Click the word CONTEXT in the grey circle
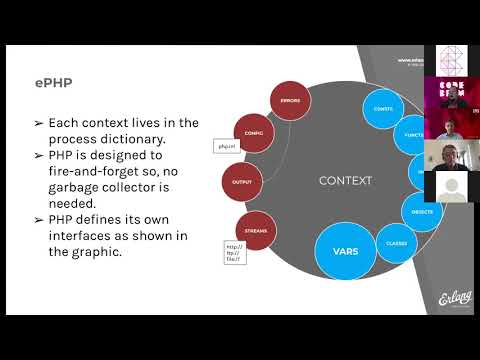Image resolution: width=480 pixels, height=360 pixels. (x=345, y=181)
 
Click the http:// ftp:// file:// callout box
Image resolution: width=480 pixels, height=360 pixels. (x=235, y=255)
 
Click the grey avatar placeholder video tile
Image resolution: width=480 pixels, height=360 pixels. (x=449, y=185)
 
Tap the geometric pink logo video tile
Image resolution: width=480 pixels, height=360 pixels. (x=449, y=61)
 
